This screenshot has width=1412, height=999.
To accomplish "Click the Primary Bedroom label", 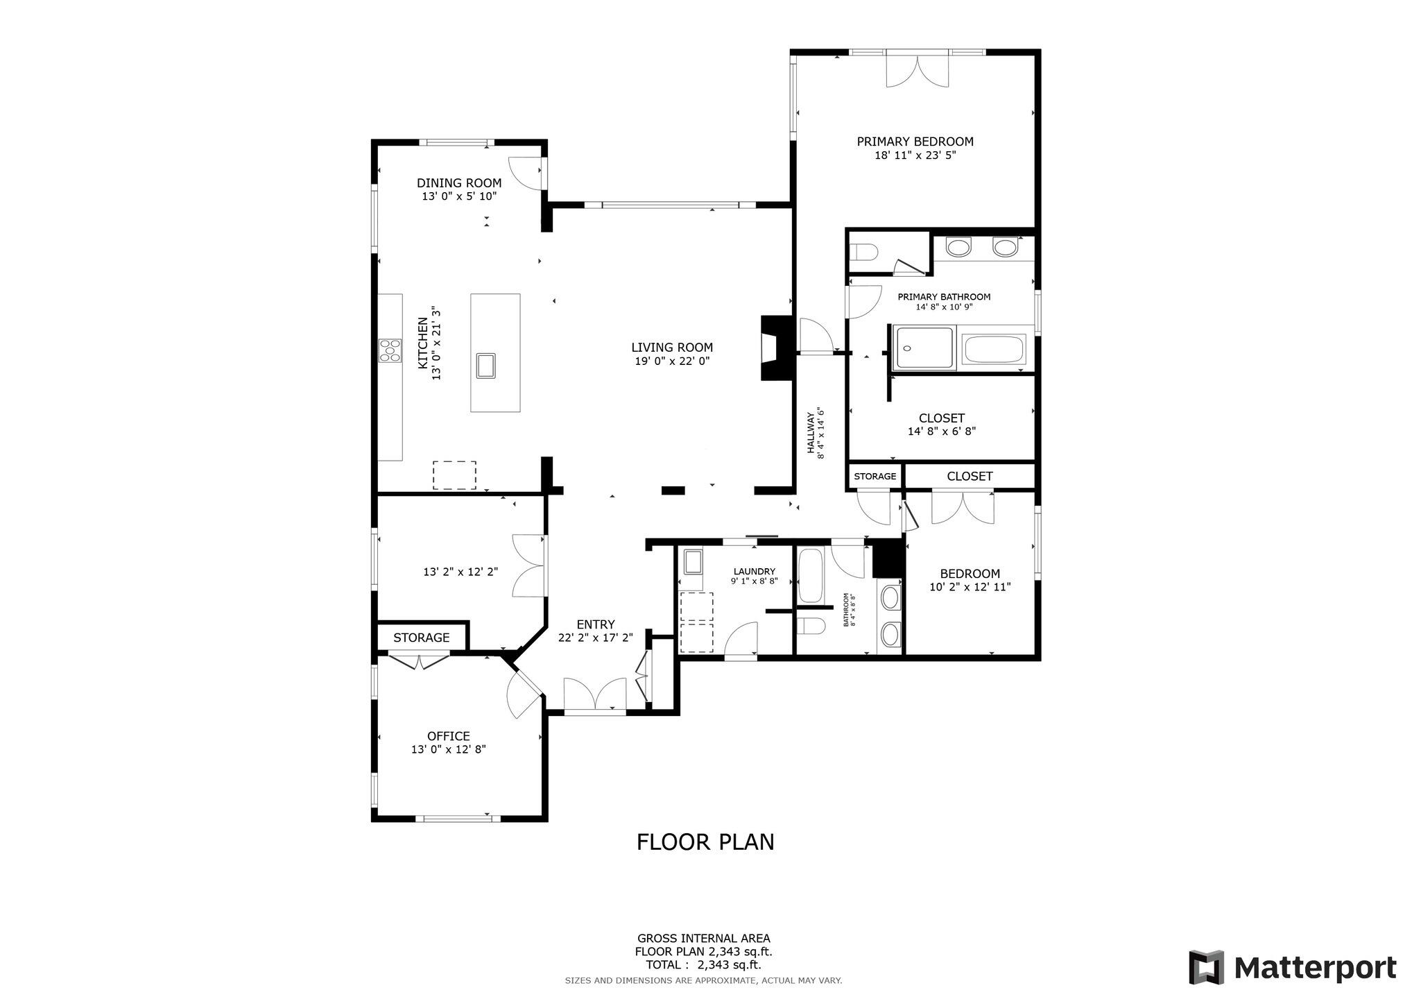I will click(915, 142).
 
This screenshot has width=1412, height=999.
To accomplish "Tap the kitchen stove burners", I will click(390, 350).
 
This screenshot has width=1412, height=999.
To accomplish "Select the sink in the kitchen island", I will click(485, 365).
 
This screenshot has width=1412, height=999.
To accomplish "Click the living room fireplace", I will click(775, 348).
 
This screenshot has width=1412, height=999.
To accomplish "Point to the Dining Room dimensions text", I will click(459, 196).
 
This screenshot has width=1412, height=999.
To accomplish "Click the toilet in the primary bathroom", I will click(864, 250).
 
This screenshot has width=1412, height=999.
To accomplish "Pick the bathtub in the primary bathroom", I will click(994, 350).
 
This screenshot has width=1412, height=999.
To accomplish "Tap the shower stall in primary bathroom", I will click(925, 348).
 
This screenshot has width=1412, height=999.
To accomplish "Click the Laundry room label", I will click(754, 571).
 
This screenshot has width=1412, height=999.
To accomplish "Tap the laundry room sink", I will click(694, 561).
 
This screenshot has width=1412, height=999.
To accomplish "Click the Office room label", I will click(448, 736).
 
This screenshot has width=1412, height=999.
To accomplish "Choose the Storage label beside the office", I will click(421, 638).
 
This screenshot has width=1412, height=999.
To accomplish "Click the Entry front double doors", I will click(595, 695).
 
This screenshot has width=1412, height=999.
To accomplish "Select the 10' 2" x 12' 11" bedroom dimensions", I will click(970, 587).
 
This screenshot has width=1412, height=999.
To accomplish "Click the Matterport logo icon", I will click(1206, 966).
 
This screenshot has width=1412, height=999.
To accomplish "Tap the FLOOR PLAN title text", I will click(705, 842).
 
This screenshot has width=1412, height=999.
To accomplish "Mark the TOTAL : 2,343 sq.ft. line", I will click(703, 964).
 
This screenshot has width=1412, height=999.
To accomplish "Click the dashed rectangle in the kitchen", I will click(454, 475).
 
